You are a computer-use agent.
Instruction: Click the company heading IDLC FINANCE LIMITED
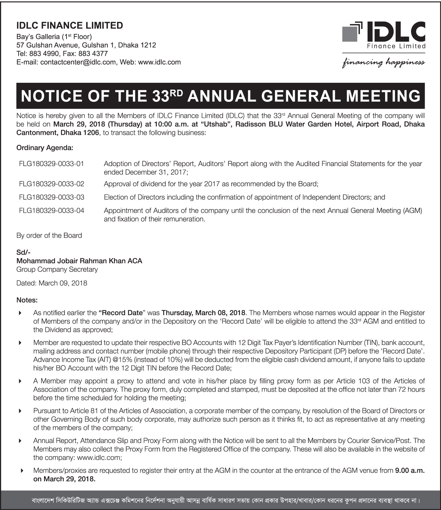[x=70, y=25]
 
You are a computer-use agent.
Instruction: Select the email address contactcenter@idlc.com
[x=78, y=62]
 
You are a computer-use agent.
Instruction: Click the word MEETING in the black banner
[x=383, y=96]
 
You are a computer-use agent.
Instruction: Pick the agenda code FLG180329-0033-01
[x=52, y=164]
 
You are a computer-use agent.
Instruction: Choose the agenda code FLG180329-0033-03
[x=52, y=197]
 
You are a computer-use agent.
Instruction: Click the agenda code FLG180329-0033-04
[x=52, y=211]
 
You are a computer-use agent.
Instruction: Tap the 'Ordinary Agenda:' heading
[x=45, y=148]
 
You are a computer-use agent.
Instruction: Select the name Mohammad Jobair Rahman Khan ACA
[x=79, y=261]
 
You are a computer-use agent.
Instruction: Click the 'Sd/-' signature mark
[x=23, y=252]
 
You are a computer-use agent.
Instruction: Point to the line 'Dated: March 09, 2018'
[x=52, y=283]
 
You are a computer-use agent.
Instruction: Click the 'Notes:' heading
[x=27, y=300]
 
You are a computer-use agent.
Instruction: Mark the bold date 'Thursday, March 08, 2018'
[x=203, y=313]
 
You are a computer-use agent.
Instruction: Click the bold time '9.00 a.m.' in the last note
[x=410, y=471]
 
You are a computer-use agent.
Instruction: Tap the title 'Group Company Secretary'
[x=57, y=269]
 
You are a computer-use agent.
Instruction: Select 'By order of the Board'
[x=49, y=235]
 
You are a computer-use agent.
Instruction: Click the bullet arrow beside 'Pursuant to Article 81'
[x=20, y=411]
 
